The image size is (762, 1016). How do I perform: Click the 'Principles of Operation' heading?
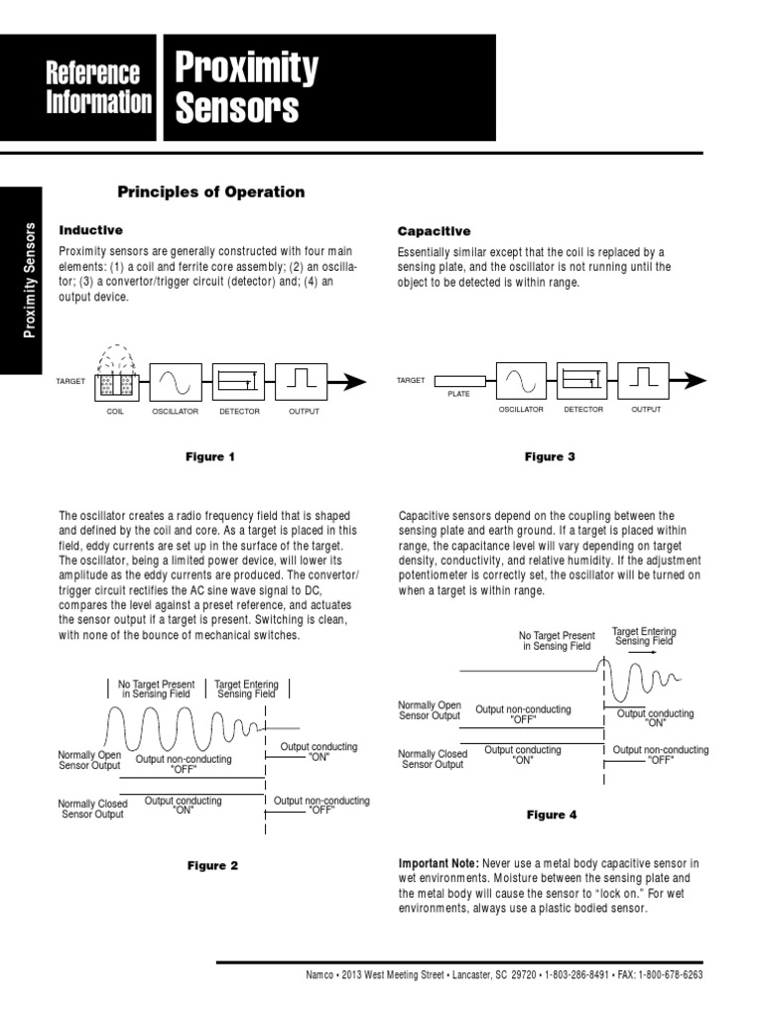tap(211, 191)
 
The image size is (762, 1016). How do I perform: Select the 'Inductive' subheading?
tap(90, 230)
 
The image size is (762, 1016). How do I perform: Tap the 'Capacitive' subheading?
tap(434, 231)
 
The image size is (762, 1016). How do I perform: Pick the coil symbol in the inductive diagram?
tap(115, 381)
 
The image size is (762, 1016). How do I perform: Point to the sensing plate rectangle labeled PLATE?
tap(459, 381)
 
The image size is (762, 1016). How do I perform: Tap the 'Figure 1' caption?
tap(211, 457)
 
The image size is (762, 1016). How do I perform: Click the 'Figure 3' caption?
tap(550, 457)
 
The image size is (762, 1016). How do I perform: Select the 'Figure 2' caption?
tap(212, 865)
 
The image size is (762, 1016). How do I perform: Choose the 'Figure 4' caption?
tap(551, 815)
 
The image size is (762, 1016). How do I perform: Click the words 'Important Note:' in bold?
tap(438, 863)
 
